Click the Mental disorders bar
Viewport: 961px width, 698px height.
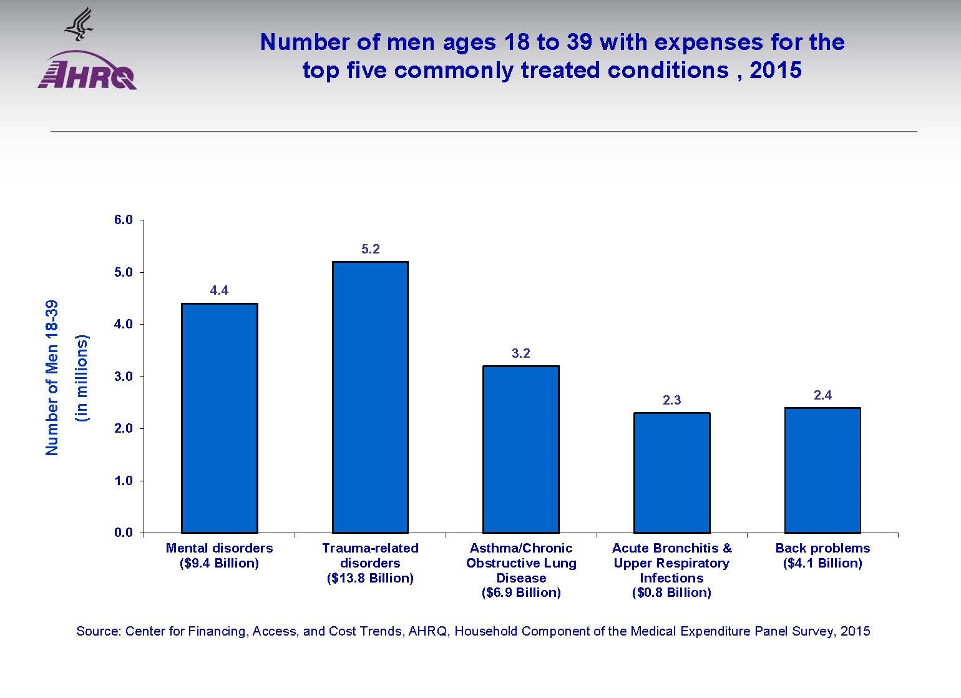[x=219, y=418]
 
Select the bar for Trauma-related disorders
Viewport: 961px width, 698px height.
[x=370, y=397]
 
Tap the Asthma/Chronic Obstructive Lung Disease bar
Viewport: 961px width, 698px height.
[x=521, y=449]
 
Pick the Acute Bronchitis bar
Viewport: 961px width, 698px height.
[x=671, y=473]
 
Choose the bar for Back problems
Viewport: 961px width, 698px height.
[x=822, y=470]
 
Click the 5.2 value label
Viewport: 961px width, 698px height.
[x=370, y=249]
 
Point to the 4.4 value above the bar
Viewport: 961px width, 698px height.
[x=219, y=290]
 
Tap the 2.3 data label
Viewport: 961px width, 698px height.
[x=671, y=400]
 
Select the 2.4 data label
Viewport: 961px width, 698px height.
[x=822, y=395]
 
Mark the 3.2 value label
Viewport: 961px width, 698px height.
[x=521, y=353]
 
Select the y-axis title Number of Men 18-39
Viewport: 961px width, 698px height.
[x=52, y=378]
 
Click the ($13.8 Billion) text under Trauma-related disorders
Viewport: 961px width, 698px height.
[x=370, y=578]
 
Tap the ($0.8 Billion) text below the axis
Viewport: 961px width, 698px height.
[x=671, y=592]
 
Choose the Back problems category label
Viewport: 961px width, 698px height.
[x=822, y=548]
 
